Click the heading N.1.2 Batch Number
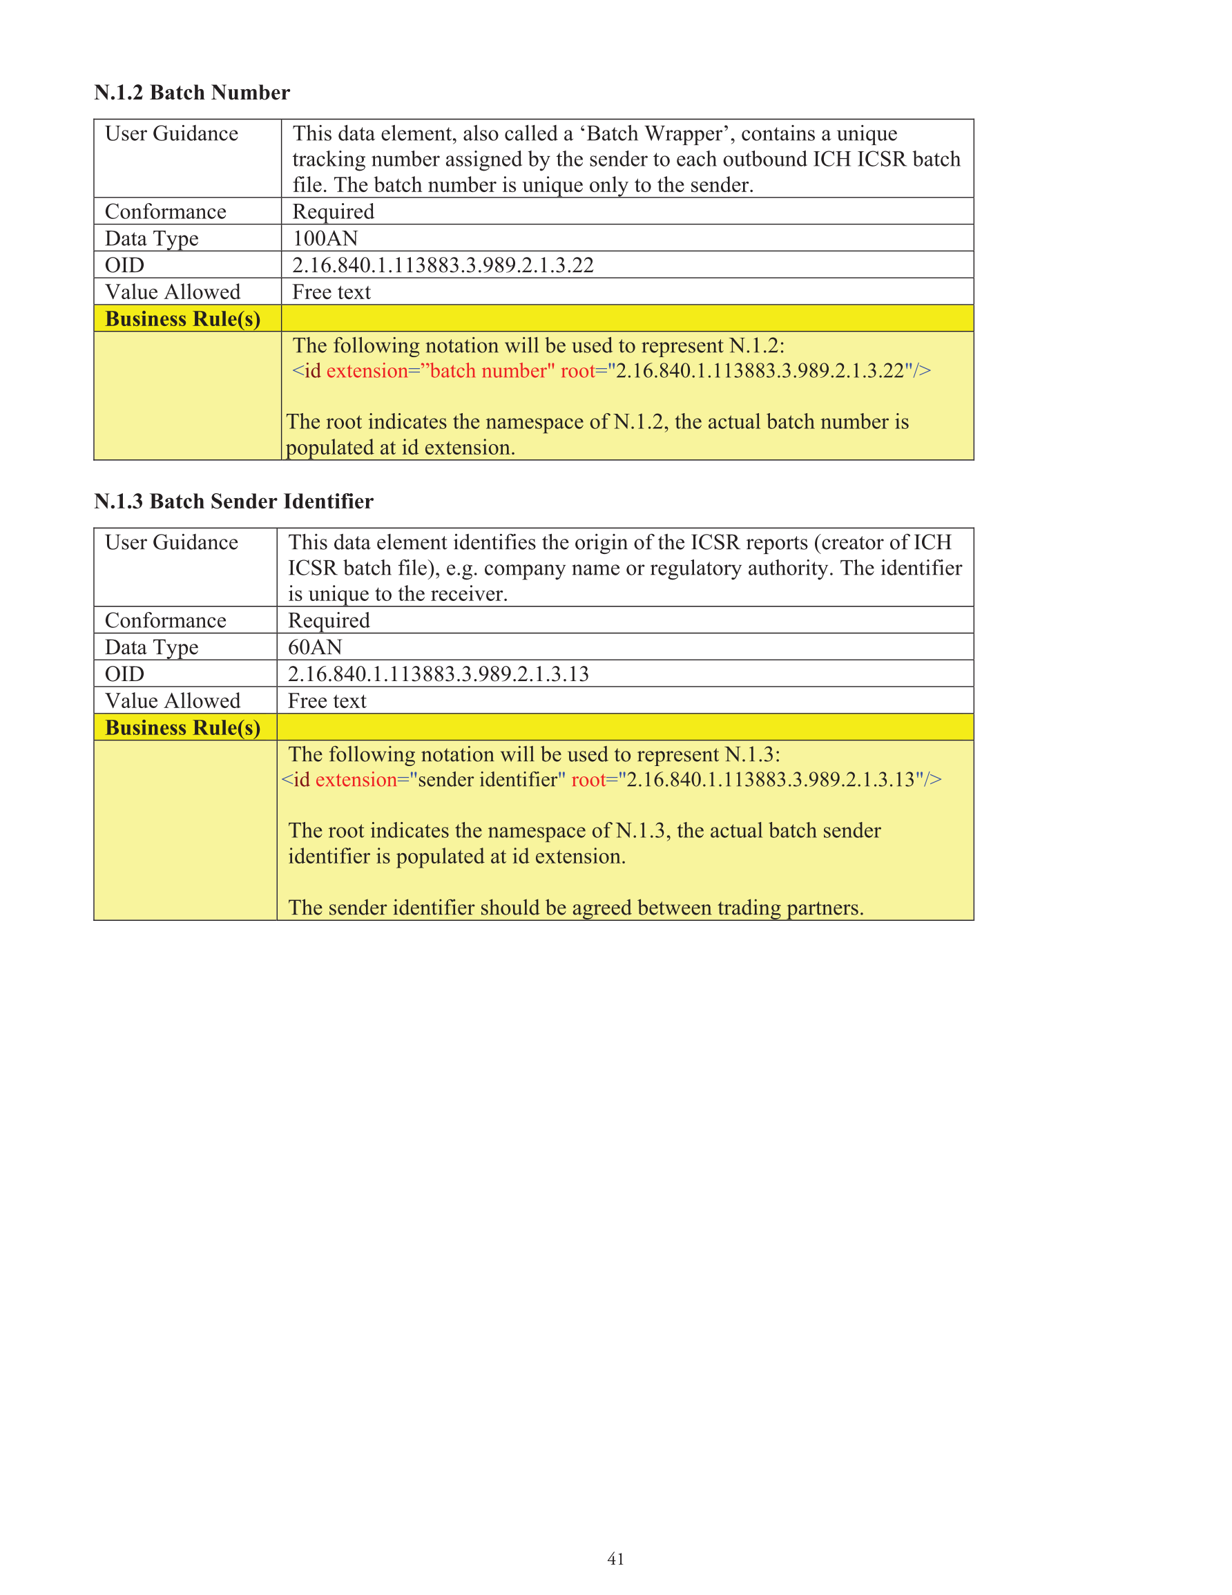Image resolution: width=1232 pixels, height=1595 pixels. pyautogui.click(x=192, y=93)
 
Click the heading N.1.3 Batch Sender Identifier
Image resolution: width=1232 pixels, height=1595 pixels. pyautogui.click(x=233, y=502)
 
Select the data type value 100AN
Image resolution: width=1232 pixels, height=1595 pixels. pyautogui.click(x=325, y=238)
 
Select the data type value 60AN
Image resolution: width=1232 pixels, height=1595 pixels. pyautogui.click(x=315, y=647)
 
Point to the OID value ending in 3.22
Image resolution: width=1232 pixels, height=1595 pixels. pyautogui.click(x=443, y=265)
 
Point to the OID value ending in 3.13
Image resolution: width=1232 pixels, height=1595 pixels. pyautogui.click(x=438, y=674)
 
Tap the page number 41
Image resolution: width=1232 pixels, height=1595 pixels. pyautogui.click(x=615, y=1558)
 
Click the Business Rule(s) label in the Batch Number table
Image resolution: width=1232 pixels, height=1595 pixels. pyautogui.click(x=182, y=319)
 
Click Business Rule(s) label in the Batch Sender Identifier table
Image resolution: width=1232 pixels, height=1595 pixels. pyautogui.click(x=182, y=728)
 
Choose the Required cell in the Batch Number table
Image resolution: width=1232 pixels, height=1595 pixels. pyautogui.click(x=333, y=212)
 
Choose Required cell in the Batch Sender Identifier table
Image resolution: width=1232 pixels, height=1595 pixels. pyautogui.click(x=329, y=621)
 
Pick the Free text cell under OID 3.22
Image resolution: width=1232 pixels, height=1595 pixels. pyautogui.click(x=331, y=292)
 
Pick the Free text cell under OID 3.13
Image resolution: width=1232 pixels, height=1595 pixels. pyautogui.click(x=327, y=701)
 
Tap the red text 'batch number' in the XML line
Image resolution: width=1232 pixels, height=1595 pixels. pyautogui.click(x=488, y=371)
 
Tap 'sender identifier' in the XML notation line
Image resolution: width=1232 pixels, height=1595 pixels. pyautogui.click(x=487, y=780)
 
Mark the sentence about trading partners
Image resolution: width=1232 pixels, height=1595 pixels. pyautogui.click(x=575, y=908)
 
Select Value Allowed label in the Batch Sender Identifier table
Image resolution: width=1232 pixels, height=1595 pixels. pyautogui.click(x=173, y=701)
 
